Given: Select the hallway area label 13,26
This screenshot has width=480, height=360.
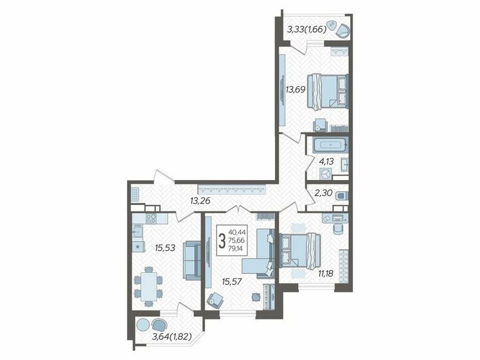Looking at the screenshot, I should point(200,201).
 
